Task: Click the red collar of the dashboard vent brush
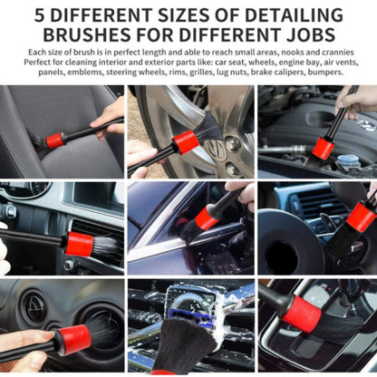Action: (80, 243)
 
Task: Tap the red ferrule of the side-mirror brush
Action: (206, 218)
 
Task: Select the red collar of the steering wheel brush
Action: (360, 217)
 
